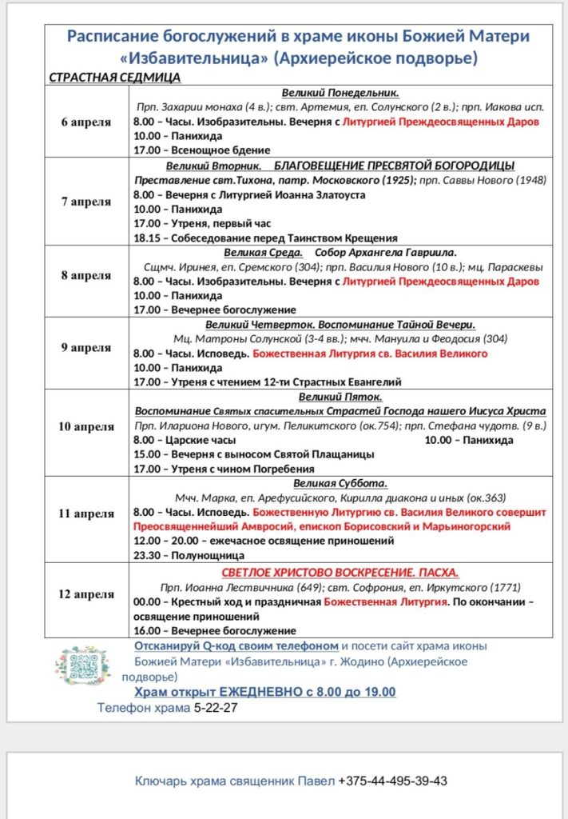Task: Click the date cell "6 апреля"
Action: point(86,122)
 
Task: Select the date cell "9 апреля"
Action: point(86,348)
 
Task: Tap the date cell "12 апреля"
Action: point(86,594)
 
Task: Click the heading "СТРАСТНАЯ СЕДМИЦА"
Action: point(115,77)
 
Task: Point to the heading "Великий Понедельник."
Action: point(340,93)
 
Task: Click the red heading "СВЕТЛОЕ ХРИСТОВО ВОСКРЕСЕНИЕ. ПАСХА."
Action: point(340,573)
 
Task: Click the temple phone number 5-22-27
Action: point(216,708)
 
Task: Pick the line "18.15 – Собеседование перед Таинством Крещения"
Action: point(265,238)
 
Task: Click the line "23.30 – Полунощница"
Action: point(189,554)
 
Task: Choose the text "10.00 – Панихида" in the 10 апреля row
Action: point(468,440)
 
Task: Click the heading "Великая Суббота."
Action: point(340,483)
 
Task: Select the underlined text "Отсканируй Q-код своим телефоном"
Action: point(236,645)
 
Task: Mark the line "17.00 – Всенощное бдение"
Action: point(202,150)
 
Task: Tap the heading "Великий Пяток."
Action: point(340,397)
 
